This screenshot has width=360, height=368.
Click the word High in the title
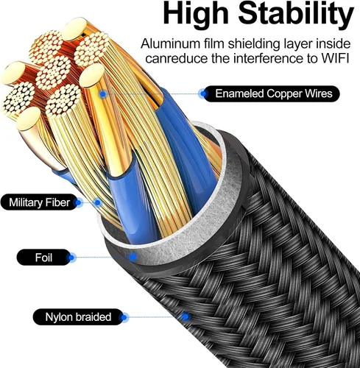tap(196, 14)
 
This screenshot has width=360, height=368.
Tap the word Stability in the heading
tap(296, 14)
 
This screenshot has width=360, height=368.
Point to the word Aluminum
tap(170, 43)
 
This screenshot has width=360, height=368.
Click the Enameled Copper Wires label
tap(272, 93)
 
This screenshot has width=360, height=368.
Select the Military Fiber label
tap(39, 202)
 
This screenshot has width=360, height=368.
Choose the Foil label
tap(43, 258)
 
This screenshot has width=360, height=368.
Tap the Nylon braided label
tap(78, 317)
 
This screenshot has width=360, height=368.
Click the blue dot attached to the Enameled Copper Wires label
tap(203, 93)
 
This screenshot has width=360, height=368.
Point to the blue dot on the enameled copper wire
tap(103, 93)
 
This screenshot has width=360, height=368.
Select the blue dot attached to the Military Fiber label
tap(78, 202)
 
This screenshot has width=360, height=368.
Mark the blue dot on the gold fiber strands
tap(98, 202)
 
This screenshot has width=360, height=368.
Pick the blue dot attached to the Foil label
tap(71, 258)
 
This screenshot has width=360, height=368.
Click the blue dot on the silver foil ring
tap(133, 257)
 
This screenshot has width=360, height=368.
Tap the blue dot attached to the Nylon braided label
tap(124, 317)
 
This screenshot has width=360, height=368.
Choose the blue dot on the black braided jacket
tap(186, 316)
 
